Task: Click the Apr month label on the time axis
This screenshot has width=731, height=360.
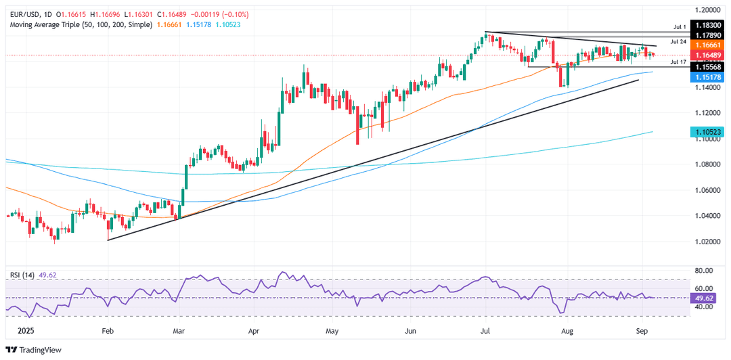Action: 254,332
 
